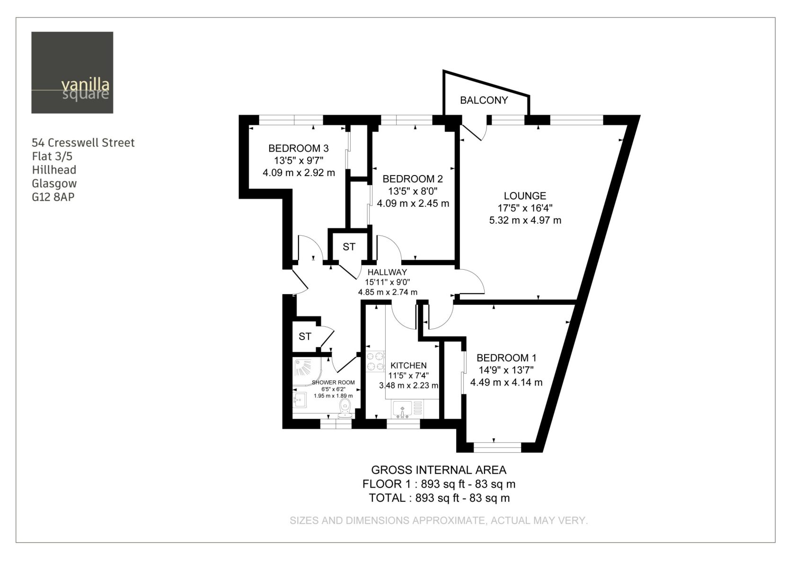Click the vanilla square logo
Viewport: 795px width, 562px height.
click(x=72, y=73)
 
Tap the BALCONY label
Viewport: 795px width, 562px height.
click(x=484, y=100)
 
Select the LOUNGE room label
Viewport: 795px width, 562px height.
click(x=525, y=196)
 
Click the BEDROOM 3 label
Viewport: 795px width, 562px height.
click(x=299, y=149)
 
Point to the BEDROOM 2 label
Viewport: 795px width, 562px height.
click(x=413, y=179)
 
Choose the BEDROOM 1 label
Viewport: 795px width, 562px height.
click(x=506, y=358)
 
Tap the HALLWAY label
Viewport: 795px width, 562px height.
click(x=387, y=272)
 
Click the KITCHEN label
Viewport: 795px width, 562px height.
click(x=408, y=365)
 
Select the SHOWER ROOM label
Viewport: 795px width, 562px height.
click(x=333, y=382)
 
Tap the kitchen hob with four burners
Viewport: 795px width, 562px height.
click(x=376, y=361)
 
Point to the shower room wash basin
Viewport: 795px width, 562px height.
click(x=300, y=400)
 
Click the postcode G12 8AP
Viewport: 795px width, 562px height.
click(x=53, y=197)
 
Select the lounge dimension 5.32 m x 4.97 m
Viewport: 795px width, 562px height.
click(x=525, y=220)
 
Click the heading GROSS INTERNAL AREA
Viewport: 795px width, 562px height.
click(x=439, y=470)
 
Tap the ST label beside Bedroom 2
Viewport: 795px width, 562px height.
click(x=349, y=247)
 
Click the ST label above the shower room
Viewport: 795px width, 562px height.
click(x=305, y=336)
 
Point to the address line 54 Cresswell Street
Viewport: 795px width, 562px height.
click(x=83, y=143)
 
